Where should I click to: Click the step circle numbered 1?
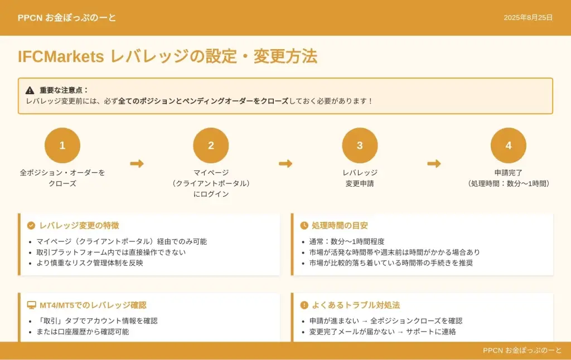tap(62, 145)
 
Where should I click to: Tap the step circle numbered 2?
tap(211, 145)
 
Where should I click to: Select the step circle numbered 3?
tap(360, 145)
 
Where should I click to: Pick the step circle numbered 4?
tap(509, 145)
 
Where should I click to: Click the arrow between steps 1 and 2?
tap(137, 163)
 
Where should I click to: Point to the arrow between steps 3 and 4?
tap(434, 163)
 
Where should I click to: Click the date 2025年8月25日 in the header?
tap(528, 18)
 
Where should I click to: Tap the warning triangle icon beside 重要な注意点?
tap(30, 90)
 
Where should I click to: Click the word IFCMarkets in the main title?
tap(61, 56)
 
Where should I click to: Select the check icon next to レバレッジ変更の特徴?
tap(31, 226)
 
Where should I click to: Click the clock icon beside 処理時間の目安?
tap(304, 226)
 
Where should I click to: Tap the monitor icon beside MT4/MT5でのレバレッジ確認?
tap(31, 305)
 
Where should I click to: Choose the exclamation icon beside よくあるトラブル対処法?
tap(304, 305)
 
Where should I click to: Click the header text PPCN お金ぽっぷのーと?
tap(67, 18)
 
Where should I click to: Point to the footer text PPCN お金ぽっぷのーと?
tap(522, 351)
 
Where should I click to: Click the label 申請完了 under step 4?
tap(509, 173)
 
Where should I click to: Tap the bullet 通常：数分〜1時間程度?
tap(347, 242)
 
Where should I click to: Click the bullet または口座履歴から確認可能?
tap(83, 332)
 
